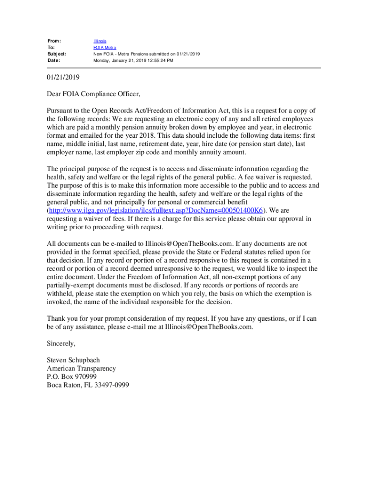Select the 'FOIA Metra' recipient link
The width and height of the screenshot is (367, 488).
tap(104, 48)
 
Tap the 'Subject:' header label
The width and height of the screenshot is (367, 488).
tap(57, 54)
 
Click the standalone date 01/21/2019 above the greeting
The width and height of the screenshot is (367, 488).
tap(63, 77)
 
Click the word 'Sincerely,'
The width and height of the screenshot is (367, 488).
tap(61, 343)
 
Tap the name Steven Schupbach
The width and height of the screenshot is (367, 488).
tap(73, 360)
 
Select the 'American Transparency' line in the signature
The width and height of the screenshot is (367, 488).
tap(81, 368)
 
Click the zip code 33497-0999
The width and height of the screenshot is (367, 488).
tap(112, 385)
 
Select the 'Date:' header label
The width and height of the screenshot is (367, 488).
tap(52, 61)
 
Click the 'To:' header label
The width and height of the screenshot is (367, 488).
tap(51, 48)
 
